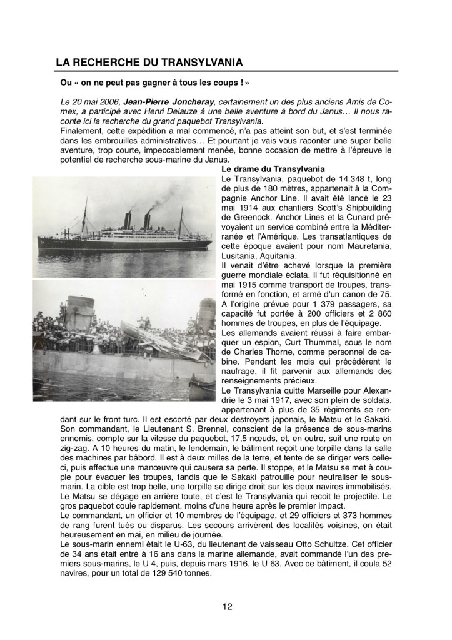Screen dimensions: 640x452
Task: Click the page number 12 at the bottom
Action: pos(227,605)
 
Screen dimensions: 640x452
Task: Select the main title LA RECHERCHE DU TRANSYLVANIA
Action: pos(149,62)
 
